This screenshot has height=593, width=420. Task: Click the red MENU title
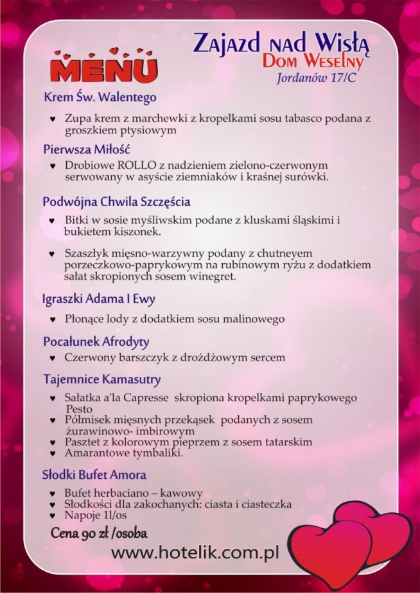click(x=103, y=69)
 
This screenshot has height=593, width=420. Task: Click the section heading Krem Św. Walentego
click(x=100, y=98)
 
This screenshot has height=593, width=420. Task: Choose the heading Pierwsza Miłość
click(x=87, y=149)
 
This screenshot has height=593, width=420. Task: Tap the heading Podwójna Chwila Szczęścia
click(x=116, y=202)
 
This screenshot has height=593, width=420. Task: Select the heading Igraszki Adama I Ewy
click(x=99, y=299)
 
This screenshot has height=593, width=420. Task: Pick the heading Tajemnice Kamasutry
click(x=101, y=379)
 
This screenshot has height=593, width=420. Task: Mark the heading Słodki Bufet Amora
click(x=94, y=475)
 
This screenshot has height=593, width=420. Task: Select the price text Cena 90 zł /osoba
click(x=100, y=533)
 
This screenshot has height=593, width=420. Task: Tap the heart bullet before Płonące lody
click(x=53, y=319)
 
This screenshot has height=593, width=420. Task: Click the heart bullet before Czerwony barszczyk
click(x=53, y=357)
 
